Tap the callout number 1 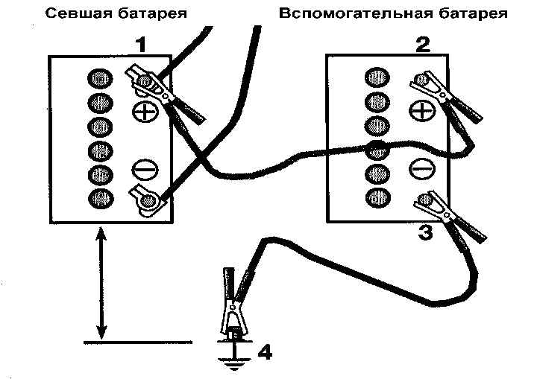(140, 45)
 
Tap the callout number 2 (423, 45)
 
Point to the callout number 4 (265, 352)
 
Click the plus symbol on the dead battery (145, 112)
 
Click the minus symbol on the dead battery (145, 170)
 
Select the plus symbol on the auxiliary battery (422, 111)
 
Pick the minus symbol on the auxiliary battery (422, 169)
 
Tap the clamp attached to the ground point (234, 305)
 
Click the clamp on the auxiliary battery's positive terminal (445, 97)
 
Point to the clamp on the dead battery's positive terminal (164, 94)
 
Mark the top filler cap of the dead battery (100, 79)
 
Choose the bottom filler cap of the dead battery (101, 198)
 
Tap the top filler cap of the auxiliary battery (377, 77)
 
